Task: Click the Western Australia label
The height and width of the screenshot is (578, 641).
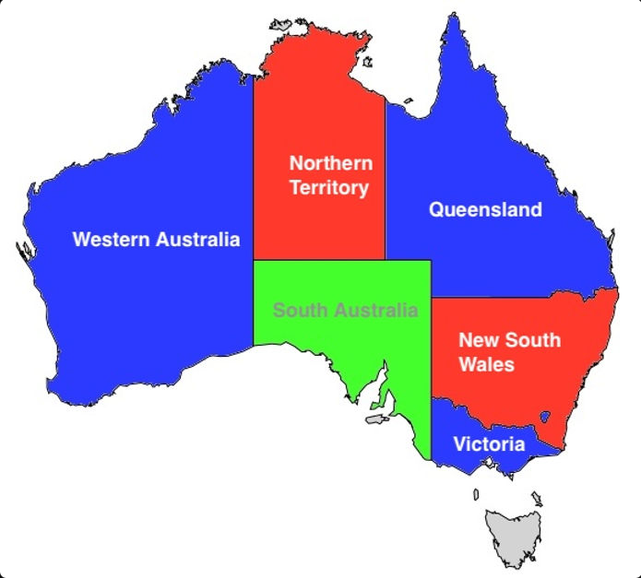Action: pyautogui.click(x=156, y=240)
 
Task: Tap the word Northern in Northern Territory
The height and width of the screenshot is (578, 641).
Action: pyautogui.click(x=331, y=163)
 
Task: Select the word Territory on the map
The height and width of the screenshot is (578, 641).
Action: pyautogui.click(x=328, y=188)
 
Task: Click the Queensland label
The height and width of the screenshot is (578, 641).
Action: pyautogui.click(x=485, y=210)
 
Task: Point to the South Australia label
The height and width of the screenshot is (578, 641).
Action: pyautogui.click(x=345, y=310)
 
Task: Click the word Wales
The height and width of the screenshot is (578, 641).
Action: pyautogui.click(x=486, y=364)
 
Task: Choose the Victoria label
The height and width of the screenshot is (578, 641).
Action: pyautogui.click(x=489, y=444)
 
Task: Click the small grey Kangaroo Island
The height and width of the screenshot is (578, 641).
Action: pyautogui.click(x=375, y=419)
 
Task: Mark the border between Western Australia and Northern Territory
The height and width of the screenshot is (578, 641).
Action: pyautogui.click(x=254, y=166)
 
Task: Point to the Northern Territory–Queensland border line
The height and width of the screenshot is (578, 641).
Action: pyautogui.click(x=385, y=184)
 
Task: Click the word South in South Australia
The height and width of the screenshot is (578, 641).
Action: pyautogui.click(x=297, y=310)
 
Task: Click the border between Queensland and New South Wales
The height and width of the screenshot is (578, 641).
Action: pyautogui.click(x=516, y=298)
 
